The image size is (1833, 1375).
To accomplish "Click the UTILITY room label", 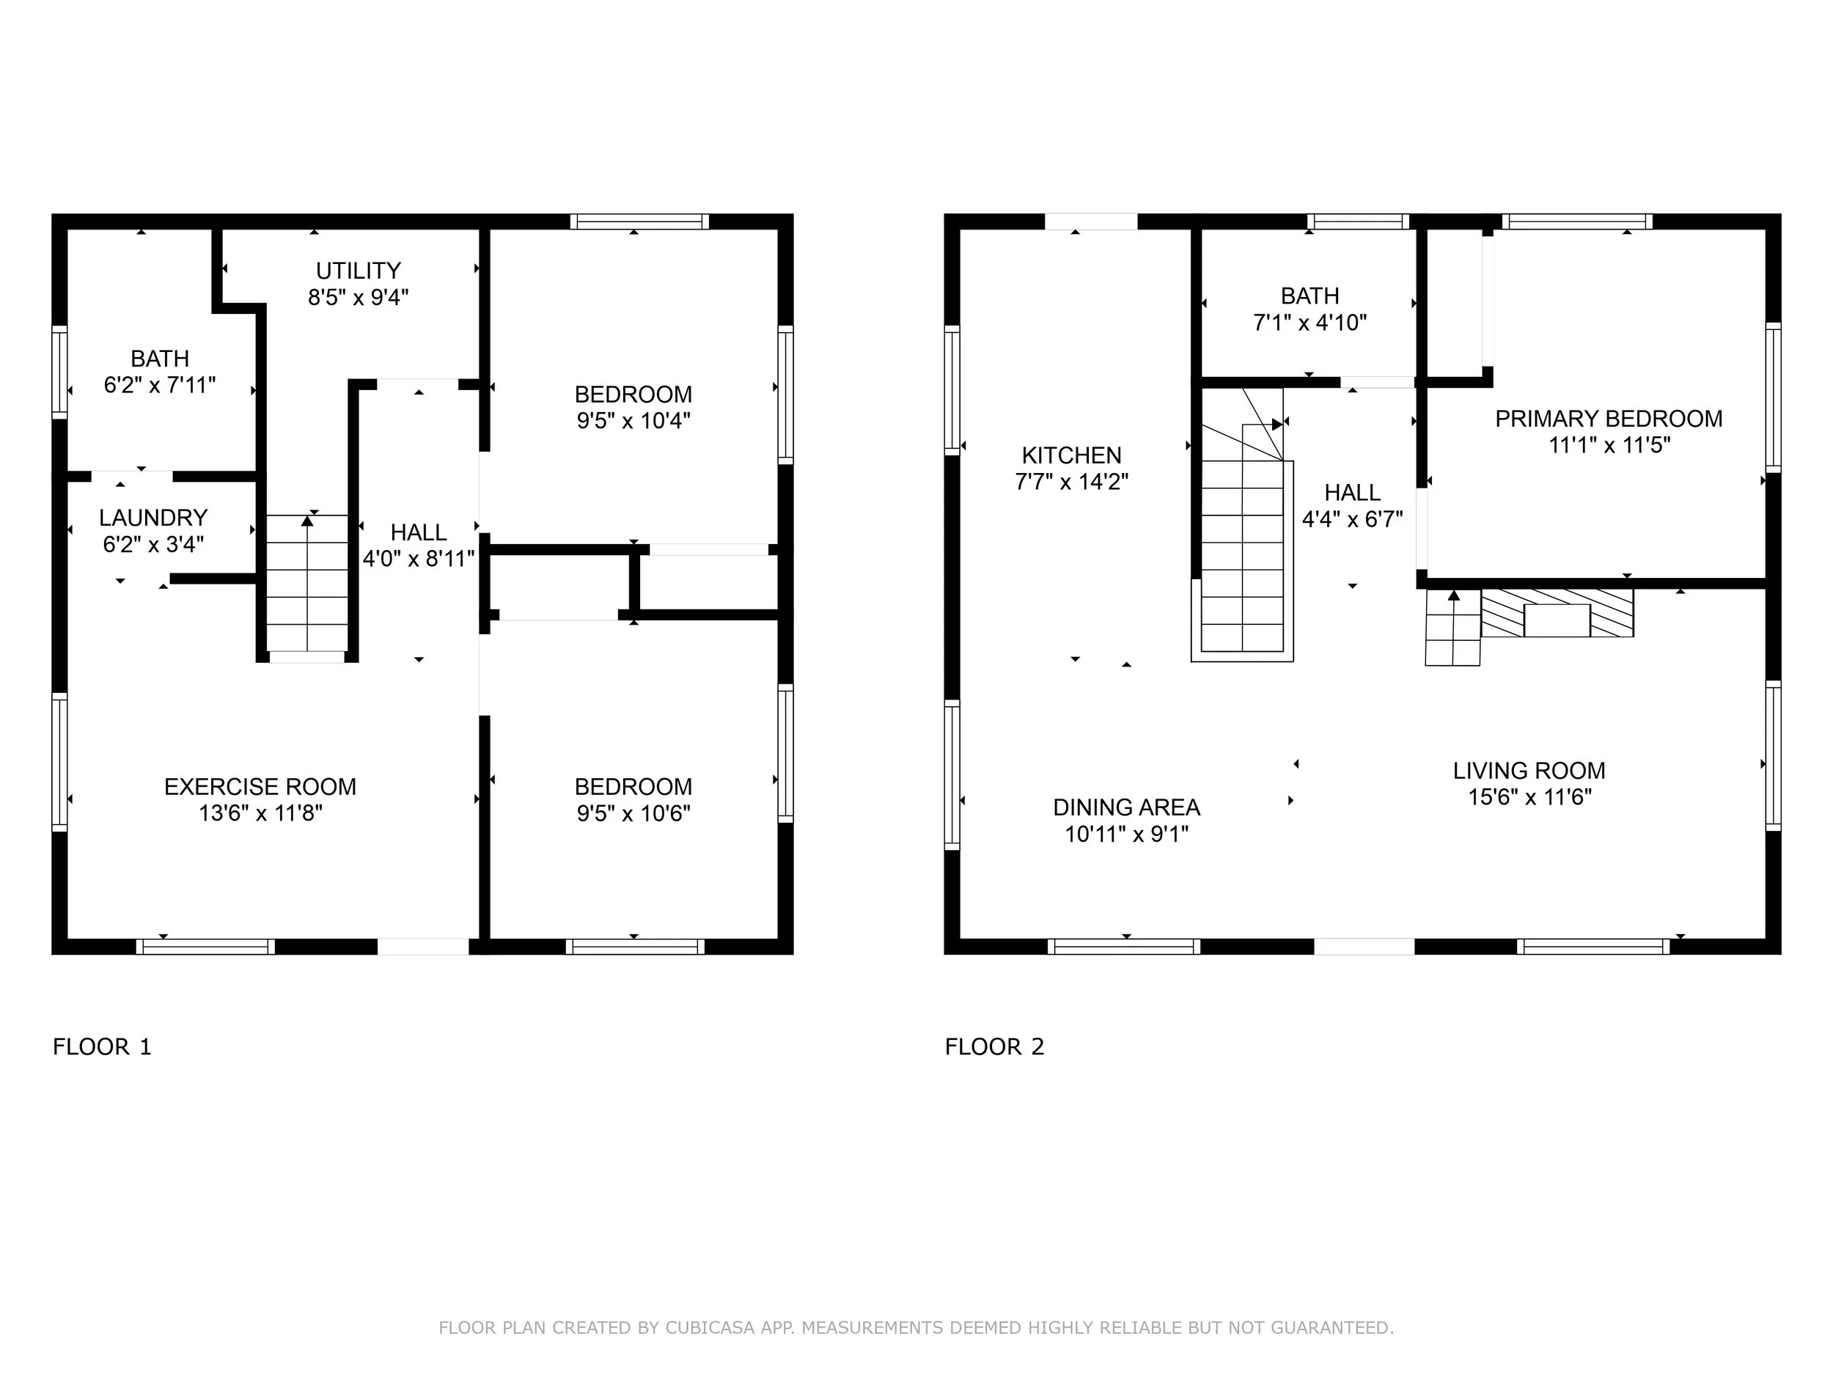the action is [x=358, y=271].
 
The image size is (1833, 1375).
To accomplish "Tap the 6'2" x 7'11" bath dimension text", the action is [x=160, y=386].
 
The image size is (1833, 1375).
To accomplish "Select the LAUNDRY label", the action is [x=153, y=518].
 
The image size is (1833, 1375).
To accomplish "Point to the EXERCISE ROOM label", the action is [x=260, y=787].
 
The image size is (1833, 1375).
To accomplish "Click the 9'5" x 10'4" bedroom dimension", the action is [x=634, y=421].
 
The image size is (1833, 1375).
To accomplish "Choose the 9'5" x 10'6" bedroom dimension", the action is [x=634, y=814].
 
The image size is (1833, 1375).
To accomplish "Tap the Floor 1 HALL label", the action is [x=419, y=532].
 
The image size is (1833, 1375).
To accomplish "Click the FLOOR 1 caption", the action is [x=102, y=1046].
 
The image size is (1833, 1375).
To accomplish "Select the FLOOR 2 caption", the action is [x=994, y=1046].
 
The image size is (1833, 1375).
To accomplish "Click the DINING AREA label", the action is [x=1126, y=807].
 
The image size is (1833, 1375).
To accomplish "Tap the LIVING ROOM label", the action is [x=1529, y=771].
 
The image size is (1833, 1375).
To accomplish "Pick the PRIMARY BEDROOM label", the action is [x=1609, y=419].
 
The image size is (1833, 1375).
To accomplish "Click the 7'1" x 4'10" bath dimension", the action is [x=1310, y=323].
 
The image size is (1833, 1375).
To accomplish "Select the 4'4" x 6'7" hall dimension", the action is [x=1352, y=520].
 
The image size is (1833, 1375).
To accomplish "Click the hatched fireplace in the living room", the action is [x=1557, y=613].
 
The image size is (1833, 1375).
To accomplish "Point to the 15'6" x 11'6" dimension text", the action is [x=1530, y=797].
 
